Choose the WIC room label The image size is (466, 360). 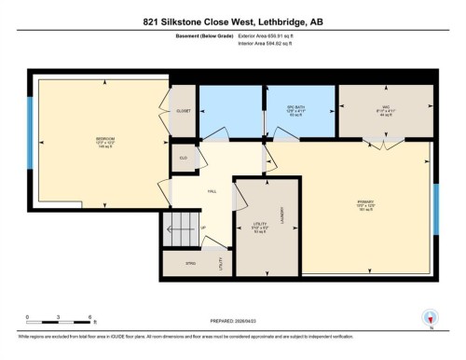[x=385, y=104]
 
